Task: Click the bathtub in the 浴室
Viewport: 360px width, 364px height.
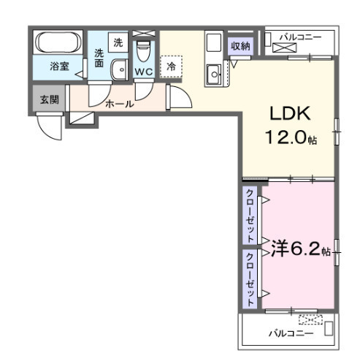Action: (x=58, y=42)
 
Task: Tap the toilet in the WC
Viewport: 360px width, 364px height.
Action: (x=144, y=51)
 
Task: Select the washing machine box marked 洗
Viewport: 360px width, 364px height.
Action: (x=118, y=42)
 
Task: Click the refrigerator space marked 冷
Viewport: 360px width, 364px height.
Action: (x=171, y=67)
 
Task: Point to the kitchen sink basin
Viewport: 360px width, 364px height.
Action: (x=214, y=75)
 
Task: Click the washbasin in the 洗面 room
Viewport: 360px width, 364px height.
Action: (x=119, y=69)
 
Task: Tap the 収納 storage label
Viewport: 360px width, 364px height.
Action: (x=240, y=46)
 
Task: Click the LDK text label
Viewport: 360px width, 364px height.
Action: (x=290, y=113)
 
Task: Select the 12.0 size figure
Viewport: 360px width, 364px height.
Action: (x=286, y=137)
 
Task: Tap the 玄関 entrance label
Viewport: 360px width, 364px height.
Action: (x=50, y=99)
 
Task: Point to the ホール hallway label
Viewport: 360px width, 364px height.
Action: (x=120, y=104)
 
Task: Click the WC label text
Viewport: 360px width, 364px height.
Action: (x=144, y=72)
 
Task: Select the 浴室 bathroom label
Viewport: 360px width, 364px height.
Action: (x=60, y=67)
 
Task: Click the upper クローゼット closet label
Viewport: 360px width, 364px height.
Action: (x=250, y=216)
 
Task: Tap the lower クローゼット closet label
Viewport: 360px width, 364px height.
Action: (x=250, y=279)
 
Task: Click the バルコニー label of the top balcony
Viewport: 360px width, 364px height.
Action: (x=301, y=37)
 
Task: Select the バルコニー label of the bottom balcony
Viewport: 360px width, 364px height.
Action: (x=291, y=333)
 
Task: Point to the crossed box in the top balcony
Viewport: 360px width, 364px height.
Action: (x=285, y=48)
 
